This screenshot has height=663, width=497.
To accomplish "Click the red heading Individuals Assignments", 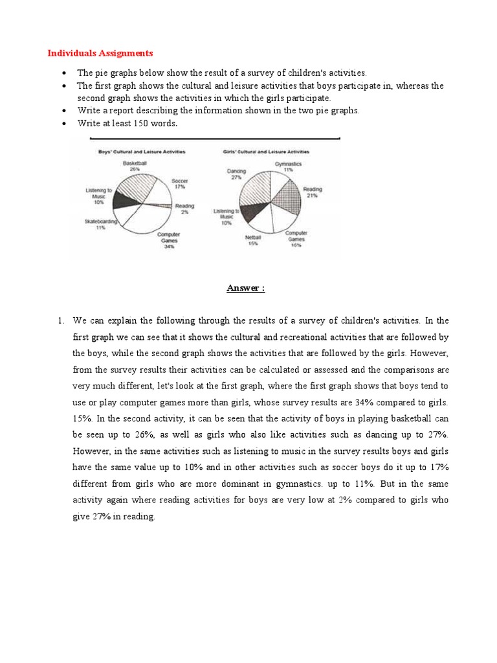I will [x=100, y=52].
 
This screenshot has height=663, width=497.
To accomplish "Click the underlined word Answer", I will [x=245, y=288].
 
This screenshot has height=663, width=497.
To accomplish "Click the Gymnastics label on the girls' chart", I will [x=288, y=164].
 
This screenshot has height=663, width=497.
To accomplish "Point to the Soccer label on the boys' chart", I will [x=180, y=181].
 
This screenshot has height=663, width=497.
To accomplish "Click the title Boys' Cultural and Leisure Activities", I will [x=141, y=152].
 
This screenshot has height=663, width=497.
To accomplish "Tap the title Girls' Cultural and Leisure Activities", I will [x=266, y=152].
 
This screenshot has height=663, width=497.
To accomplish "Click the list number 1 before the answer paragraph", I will [x=60, y=320].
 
